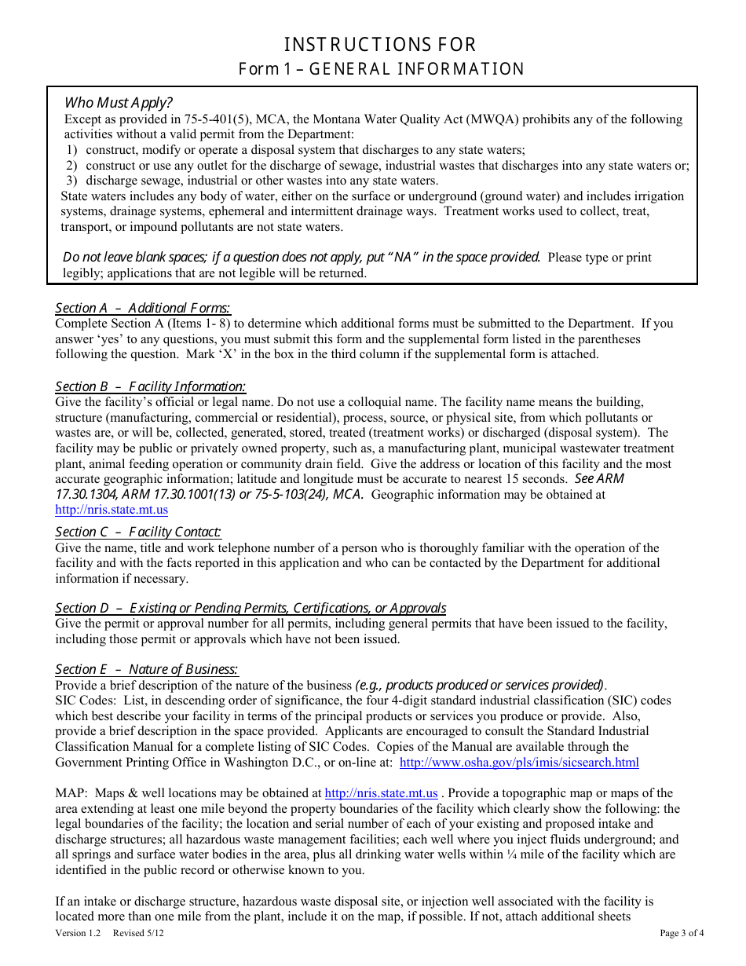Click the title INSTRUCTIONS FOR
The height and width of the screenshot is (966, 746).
(380, 44)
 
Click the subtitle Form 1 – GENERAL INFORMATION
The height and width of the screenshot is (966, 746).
(382, 69)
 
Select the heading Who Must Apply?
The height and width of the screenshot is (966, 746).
(118, 103)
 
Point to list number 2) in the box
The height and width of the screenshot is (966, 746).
(71, 166)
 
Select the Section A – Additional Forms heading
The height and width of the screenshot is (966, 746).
(143, 308)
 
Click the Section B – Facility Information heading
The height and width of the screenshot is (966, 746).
(150, 386)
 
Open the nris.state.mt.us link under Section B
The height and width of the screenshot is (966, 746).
(112, 510)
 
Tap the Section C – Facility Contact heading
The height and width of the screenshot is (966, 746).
(138, 532)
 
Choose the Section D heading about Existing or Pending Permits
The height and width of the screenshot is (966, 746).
(250, 608)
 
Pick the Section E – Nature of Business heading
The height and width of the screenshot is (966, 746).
(147, 669)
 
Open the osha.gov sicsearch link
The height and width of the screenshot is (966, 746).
(519, 762)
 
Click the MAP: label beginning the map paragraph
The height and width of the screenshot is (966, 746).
(72, 793)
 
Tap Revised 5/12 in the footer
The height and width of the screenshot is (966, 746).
(138, 933)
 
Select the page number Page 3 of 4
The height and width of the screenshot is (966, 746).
(682, 933)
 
